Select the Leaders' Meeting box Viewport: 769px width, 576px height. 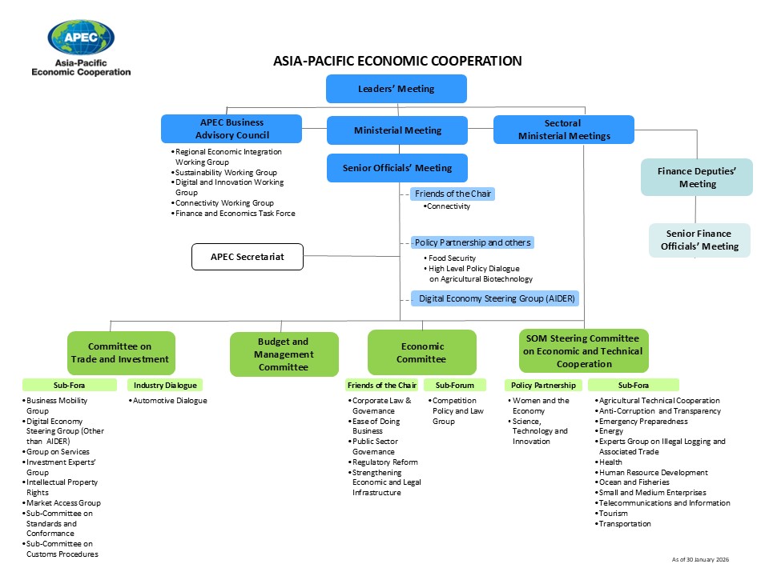(396, 89)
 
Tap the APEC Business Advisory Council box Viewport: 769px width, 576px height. (232, 129)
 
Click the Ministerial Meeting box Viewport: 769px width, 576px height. (397, 130)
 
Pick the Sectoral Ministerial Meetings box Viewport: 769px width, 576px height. (563, 130)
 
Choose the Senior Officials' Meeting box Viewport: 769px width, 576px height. (397, 168)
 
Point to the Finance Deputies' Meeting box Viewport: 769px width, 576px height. (697, 178)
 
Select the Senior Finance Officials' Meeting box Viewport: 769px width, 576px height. (699, 240)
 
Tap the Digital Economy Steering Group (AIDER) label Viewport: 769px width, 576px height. (497, 299)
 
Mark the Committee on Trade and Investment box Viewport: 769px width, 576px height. (121, 353)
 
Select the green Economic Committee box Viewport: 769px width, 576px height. (422, 353)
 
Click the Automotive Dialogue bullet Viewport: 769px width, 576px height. (170, 401)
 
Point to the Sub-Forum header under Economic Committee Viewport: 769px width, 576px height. (455, 386)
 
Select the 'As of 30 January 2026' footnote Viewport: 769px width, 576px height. (700, 559)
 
